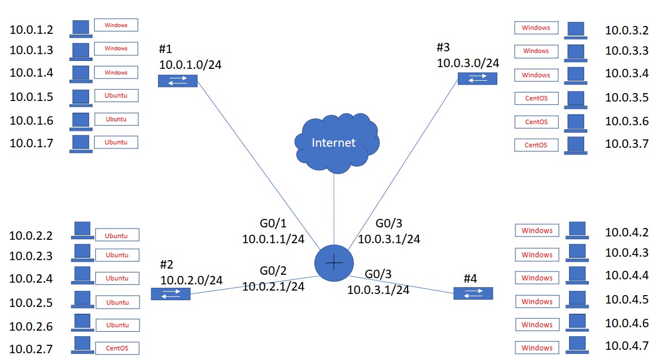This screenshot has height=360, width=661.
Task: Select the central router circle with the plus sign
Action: [x=334, y=263]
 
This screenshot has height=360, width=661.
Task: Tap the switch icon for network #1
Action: [x=178, y=81]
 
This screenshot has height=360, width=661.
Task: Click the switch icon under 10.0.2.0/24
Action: [x=170, y=293]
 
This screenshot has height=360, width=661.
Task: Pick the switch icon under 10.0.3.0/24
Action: [x=477, y=79]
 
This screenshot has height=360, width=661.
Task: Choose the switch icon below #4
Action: [x=473, y=293]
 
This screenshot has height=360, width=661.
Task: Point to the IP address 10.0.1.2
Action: [x=32, y=29]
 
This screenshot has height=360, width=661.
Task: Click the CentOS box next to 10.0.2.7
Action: [x=117, y=348]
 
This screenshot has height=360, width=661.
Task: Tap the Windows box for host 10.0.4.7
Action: [x=537, y=348]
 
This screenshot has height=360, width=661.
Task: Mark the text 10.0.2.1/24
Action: [x=273, y=286]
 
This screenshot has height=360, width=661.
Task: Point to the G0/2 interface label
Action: [x=273, y=271]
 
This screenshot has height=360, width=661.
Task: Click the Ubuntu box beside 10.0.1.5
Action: [x=116, y=95]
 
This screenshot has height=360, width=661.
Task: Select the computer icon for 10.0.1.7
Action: [x=81, y=143]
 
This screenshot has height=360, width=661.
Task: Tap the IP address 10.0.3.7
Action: [x=627, y=144]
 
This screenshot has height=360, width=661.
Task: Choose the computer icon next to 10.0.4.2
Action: [x=577, y=230]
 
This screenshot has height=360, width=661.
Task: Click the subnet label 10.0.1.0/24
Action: [x=190, y=65]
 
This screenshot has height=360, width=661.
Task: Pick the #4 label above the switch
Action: [x=470, y=278]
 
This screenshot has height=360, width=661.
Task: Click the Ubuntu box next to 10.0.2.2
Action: [x=117, y=235]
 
